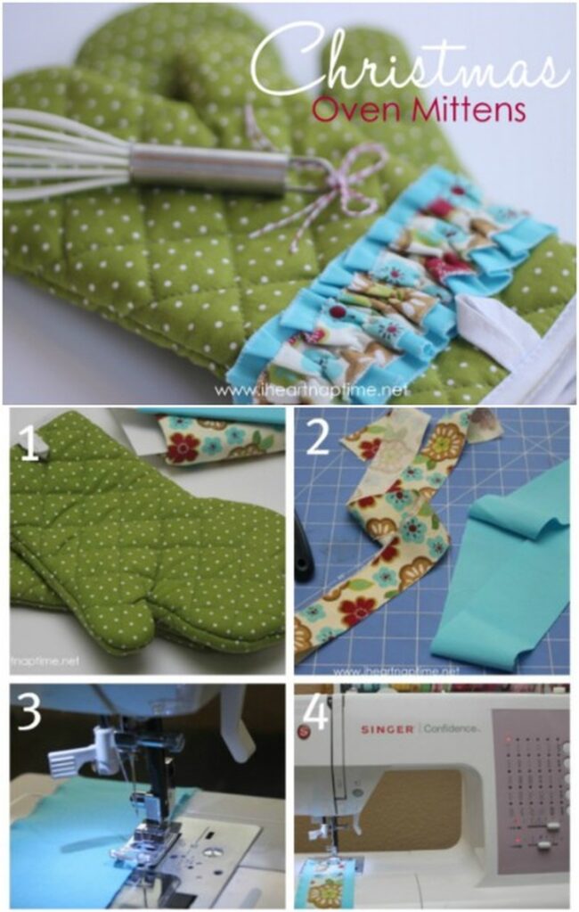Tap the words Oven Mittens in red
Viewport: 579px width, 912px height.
click(419, 111)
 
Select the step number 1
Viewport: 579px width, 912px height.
click(29, 444)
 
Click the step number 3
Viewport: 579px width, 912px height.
click(29, 712)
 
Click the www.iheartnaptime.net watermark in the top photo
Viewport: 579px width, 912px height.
click(311, 390)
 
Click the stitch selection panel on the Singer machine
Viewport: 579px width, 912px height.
click(530, 785)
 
